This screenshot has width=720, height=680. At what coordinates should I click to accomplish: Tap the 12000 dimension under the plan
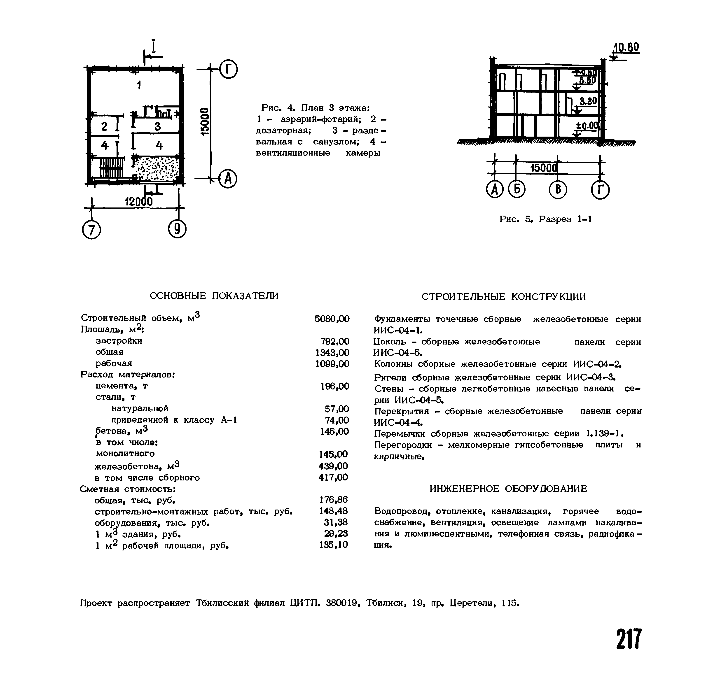tap(138, 202)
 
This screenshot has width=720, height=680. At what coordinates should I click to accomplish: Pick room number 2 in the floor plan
tap(104, 126)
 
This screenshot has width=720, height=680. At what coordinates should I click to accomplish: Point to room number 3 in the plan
tap(157, 126)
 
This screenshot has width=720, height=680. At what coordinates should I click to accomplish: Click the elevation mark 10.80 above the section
tap(626, 47)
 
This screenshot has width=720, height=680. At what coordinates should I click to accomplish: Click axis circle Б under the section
tap(516, 190)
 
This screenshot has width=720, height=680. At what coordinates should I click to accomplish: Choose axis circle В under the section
tap(558, 190)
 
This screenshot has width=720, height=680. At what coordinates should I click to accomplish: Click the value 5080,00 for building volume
tap(332, 319)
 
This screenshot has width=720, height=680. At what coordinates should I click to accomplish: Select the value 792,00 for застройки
tap(335, 341)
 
